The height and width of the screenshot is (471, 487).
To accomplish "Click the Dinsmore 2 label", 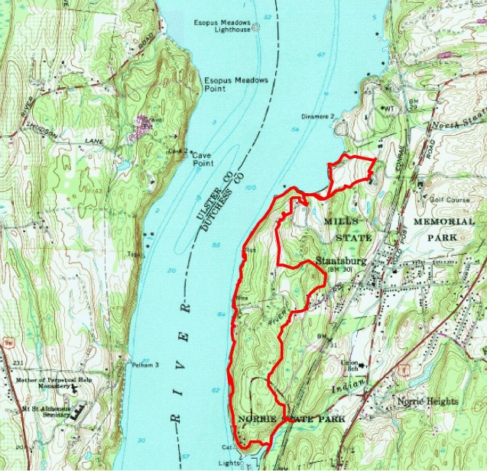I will coord(318,116).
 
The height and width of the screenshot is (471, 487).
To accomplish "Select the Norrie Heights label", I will coord(427,402).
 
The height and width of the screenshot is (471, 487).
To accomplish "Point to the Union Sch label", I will coord(349,365).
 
